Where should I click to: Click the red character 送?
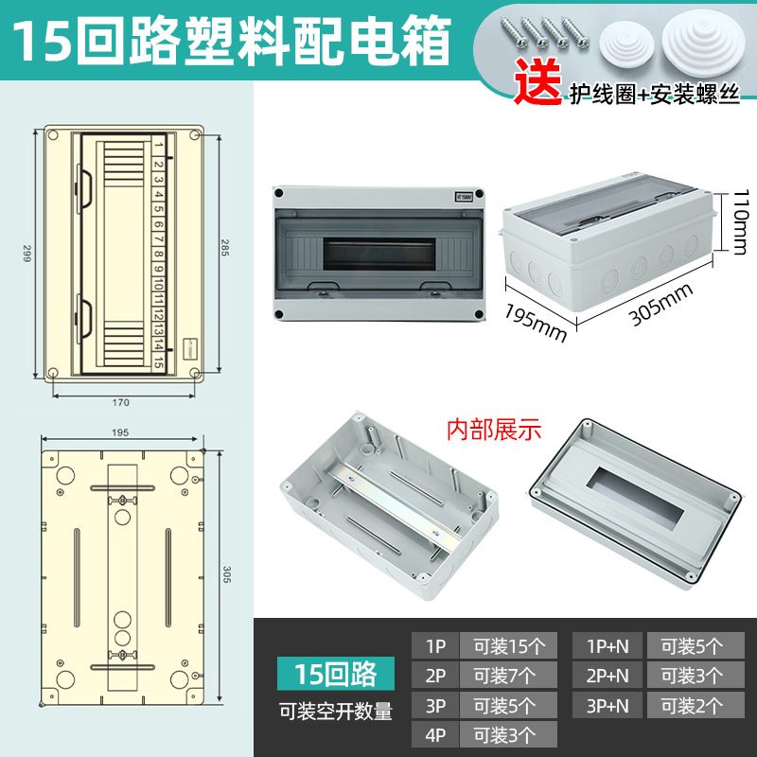click(537, 81)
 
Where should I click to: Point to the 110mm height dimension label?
click(740, 221)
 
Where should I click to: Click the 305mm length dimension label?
click(660, 304)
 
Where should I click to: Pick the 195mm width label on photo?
click(536, 323)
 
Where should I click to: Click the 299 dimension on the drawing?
click(26, 253)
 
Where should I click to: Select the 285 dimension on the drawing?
click(225, 247)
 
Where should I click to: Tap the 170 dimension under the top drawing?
click(121, 403)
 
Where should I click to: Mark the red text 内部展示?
click(494, 430)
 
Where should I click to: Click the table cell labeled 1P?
click(435, 645)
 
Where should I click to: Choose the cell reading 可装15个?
click(508, 645)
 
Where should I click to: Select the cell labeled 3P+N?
click(607, 705)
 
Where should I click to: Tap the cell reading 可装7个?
click(508, 676)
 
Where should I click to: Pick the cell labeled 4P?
click(435, 735)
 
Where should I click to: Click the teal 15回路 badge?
click(336, 674)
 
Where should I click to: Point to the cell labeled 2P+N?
click(607, 676)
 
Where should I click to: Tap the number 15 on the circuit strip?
click(158, 362)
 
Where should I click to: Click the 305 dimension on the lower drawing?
click(227, 574)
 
